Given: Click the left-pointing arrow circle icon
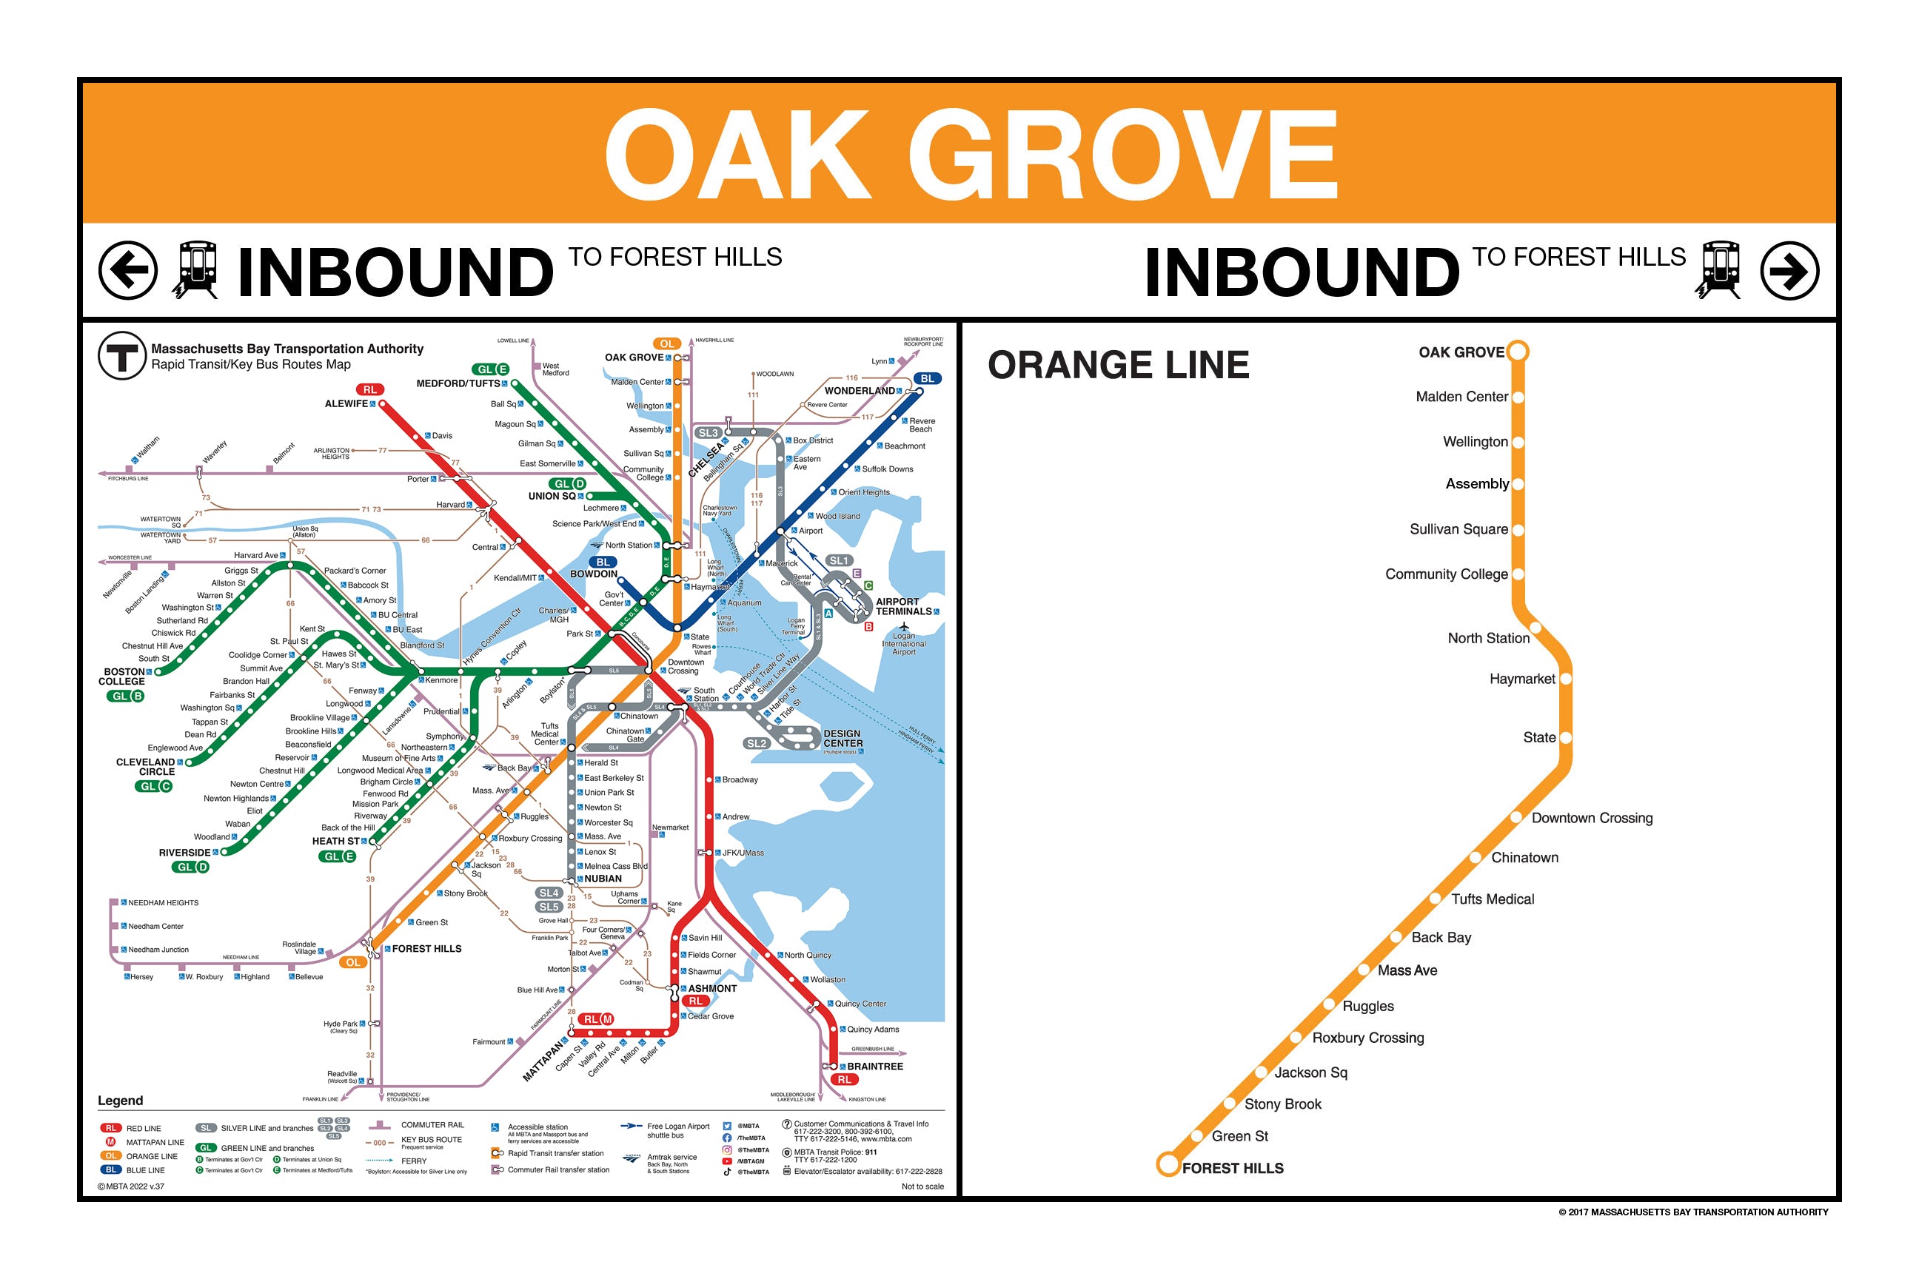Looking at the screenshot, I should coord(128,270).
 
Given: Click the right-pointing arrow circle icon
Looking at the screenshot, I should coord(1789,270).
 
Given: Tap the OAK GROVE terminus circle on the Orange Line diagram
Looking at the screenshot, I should coord(1517,352).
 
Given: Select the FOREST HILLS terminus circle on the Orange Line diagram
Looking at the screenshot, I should coord(1168,1164).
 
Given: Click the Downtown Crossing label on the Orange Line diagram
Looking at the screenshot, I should coord(1591,818).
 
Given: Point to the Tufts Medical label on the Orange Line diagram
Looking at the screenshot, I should coord(1493,899).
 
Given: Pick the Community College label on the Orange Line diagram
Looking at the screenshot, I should coord(1446,574).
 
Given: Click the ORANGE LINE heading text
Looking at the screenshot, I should coord(1118,365).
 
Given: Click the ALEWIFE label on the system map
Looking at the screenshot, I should coord(346,404).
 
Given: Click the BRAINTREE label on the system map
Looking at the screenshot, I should coord(874,1066).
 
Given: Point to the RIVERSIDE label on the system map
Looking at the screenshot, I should coord(184,853).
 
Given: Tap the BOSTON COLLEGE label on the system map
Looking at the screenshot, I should coord(121,677).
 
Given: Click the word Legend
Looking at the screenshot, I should coord(120,1101).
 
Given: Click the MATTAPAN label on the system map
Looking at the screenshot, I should coord(544,1061).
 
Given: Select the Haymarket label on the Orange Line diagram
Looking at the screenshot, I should coord(1521,679).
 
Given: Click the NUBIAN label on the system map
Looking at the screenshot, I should coord(602,879).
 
